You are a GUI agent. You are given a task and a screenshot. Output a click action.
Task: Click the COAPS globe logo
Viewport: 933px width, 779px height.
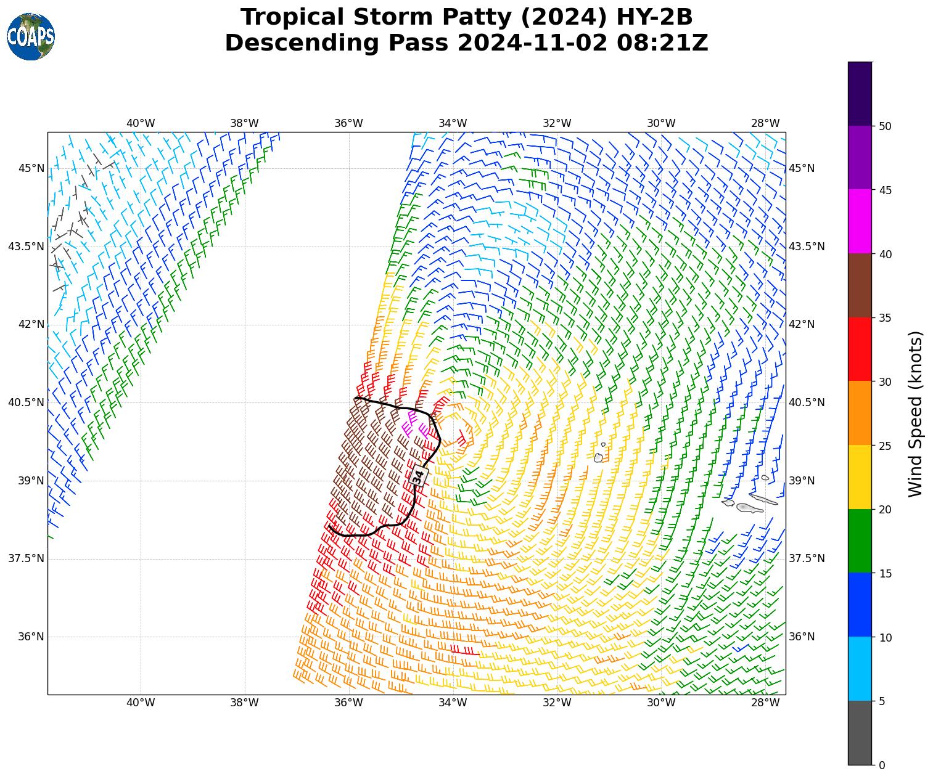pyautogui.click(x=31, y=37)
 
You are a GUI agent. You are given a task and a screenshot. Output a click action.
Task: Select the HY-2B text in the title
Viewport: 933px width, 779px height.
pyautogui.click(x=654, y=17)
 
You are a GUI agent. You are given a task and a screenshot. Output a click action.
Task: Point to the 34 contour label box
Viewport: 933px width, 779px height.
pyautogui.click(x=419, y=476)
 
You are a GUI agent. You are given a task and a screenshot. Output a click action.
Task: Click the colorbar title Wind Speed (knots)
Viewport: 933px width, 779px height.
pyautogui.click(x=916, y=414)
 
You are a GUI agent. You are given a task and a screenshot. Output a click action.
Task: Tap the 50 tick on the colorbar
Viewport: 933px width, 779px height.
pyautogui.click(x=885, y=126)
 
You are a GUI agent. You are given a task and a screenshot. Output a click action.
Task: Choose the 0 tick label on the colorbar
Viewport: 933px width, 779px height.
pyautogui.click(x=882, y=765)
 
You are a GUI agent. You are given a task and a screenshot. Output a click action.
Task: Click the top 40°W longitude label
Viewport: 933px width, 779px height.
pyautogui.click(x=141, y=123)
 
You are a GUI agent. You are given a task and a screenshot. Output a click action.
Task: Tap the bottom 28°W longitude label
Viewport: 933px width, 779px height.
pyautogui.click(x=765, y=703)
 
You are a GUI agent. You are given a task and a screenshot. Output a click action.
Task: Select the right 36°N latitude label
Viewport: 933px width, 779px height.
pyautogui.click(x=802, y=637)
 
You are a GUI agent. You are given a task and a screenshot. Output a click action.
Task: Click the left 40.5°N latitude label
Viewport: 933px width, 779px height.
pyautogui.click(x=26, y=402)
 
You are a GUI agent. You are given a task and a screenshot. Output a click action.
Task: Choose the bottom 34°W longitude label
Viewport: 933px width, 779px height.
pyautogui.click(x=453, y=703)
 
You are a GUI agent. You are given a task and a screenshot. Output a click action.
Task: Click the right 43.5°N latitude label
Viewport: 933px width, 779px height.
pyautogui.click(x=805, y=247)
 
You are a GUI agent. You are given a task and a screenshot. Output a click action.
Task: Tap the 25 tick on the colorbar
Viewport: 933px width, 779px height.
pyautogui.click(x=885, y=446)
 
